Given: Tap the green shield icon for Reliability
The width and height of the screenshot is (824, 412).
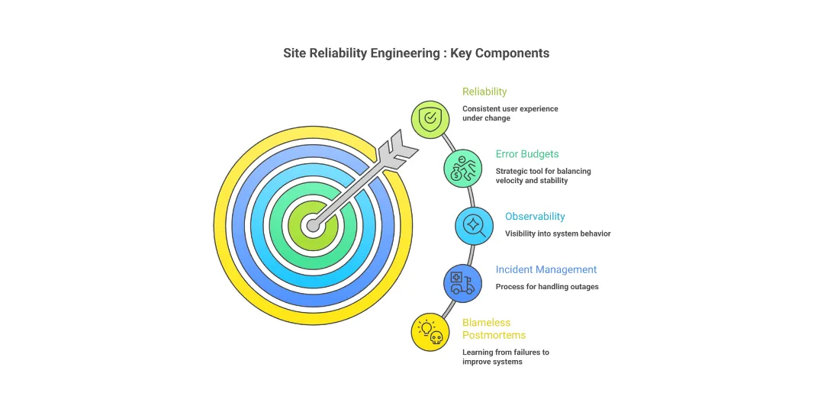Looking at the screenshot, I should (x=430, y=119).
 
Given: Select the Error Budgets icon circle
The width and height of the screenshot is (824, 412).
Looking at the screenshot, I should (x=463, y=168).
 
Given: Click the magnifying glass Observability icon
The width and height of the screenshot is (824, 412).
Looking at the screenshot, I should (x=474, y=225).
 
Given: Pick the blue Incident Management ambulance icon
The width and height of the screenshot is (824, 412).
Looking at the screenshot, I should (x=462, y=283).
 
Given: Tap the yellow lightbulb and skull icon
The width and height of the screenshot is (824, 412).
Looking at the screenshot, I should (x=430, y=332).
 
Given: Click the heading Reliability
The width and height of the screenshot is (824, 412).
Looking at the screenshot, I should (x=484, y=92).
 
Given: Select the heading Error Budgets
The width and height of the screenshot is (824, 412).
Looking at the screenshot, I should (x=526, y=154).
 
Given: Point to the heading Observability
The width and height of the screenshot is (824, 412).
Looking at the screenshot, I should (x=535, y=217).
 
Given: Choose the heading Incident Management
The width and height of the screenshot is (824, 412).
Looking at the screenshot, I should (x=546, y=269).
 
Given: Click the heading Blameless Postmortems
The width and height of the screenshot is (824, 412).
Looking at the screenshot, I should (x=494, y=329).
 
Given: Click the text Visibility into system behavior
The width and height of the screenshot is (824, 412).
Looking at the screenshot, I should (x=557, y=233).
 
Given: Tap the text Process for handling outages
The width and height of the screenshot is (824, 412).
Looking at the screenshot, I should (x=546, y=287).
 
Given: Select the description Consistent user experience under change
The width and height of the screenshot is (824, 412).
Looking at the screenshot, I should (x=510, y=114).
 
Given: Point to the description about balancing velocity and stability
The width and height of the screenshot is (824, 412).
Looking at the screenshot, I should (x=542, y=175).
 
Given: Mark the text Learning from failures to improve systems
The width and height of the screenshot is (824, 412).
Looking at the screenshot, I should (x=505, y=357).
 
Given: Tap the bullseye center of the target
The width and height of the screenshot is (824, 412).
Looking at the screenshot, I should (x=313, y=225).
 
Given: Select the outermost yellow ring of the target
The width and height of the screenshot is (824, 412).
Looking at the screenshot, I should (x=222, y=225).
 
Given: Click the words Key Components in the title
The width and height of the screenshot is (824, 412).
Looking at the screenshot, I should (x=500, y=53).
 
